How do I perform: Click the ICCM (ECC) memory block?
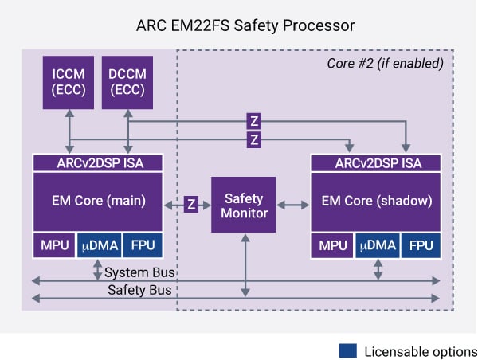pyautogui.click(x=69, y=83)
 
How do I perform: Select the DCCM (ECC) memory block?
pyautogui.click(x=127, y=83)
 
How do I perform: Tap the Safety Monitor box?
pyautogui.click(x=243, y=205)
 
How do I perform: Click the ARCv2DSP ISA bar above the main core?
pyautogui.click(x=98, y=162)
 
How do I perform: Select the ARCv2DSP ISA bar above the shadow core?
pyautogui.click(x=377, y=162)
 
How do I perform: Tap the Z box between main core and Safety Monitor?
pyautogui.click(x=191, y=204)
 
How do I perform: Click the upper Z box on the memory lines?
pyautogui.click(x=254, y=122)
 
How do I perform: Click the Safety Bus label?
pyautogui.click(x=140, y=290)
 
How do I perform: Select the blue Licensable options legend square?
pyautogui.click(x=347, y=351)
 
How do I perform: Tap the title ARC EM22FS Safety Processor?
pyautogui.click(x=239, y=25)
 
